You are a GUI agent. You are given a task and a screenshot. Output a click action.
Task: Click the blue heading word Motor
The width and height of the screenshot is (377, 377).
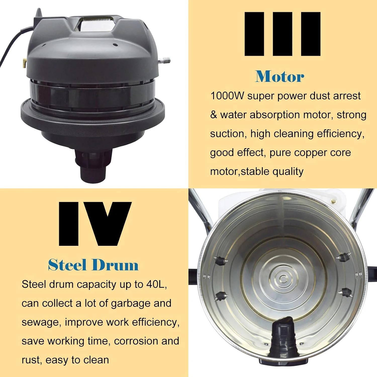pyautogui.click(x=280, y=76)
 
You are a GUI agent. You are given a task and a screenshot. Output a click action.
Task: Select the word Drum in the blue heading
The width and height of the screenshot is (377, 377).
pyautogui.click(x=115, y=265)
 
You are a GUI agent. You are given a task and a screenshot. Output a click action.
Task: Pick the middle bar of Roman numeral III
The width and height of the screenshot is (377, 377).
pyautogui.click(x=282, y=34)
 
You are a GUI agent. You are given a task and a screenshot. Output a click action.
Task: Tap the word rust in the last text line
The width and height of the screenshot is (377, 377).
pyautogui.click(x=31, y=360)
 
